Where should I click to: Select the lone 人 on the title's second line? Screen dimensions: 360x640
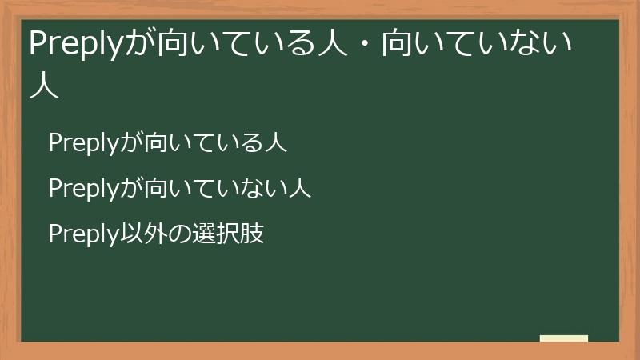click(44, 85)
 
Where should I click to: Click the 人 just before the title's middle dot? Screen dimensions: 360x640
click(332, 45)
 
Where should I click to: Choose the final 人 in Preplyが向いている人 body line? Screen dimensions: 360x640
click(276, 143)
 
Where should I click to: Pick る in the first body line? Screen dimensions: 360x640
click(253, 143)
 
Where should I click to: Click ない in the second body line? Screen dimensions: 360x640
click(265, 189)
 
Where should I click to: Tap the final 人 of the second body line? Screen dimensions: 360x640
click(299, 189)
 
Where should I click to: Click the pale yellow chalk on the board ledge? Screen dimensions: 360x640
click(564, 338)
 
